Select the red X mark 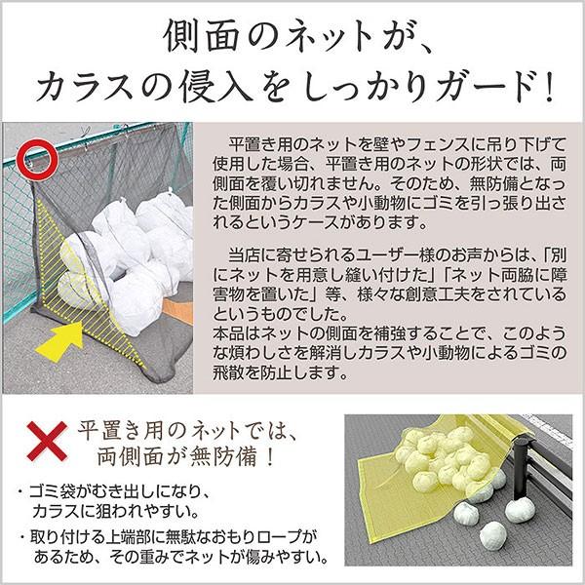point(47,442)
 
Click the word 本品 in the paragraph point(229,333)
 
